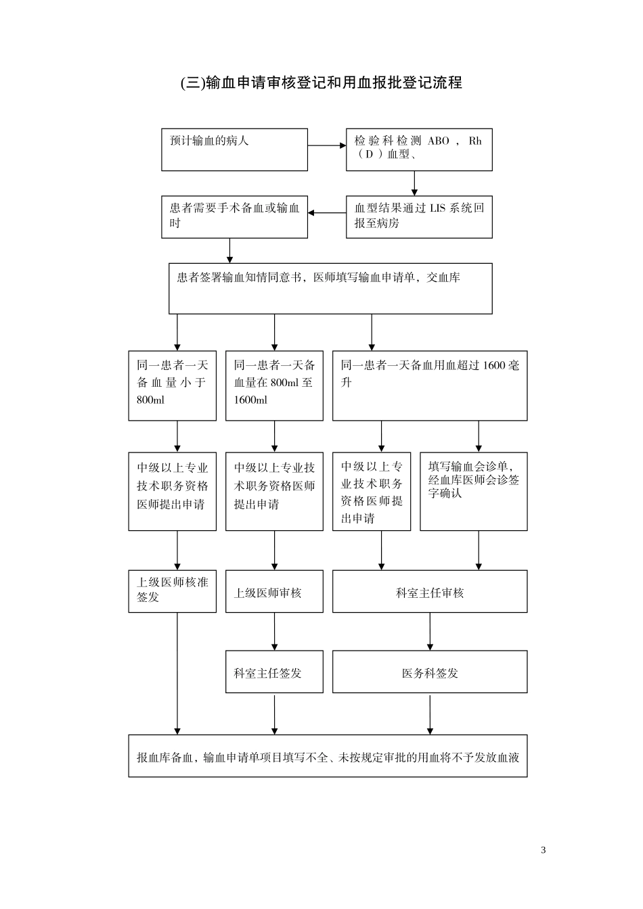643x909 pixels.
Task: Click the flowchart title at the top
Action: click(x=321, y=83)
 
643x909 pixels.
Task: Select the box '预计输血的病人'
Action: click(x=234, y=149)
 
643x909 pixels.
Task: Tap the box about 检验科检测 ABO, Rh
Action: click(x=419, y=149)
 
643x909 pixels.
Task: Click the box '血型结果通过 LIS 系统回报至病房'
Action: click(x=419, y=217)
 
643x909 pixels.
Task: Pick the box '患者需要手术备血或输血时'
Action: click(x=234, y=217)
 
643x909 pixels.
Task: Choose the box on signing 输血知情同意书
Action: click(x=330, y=289)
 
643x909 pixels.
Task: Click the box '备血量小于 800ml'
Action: click(x=172, y=386)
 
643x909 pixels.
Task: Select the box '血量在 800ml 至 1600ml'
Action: click(x=274, y=386)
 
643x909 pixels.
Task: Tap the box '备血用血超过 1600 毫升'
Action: click(x=429, y=386)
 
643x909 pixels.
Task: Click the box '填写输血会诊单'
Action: click(x=473, y=491)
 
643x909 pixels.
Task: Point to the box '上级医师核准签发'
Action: click(x=172, y=591)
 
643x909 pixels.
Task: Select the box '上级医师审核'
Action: click(x=274, y=591)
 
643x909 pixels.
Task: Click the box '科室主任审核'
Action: click(x=429, y=591)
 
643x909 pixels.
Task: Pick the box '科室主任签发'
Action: click(x=274, y=672)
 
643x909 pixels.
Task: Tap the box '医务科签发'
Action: click(x=429, y=672)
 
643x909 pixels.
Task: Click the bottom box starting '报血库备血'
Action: click(x=328, y=755)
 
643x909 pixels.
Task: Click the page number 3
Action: click(x=544, y=850)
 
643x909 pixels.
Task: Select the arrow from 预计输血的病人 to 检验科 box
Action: click(x=327, y=145)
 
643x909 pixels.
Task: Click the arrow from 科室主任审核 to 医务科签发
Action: click(x=430, y=632)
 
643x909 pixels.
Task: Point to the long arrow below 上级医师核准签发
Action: click(x=177, y=673)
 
